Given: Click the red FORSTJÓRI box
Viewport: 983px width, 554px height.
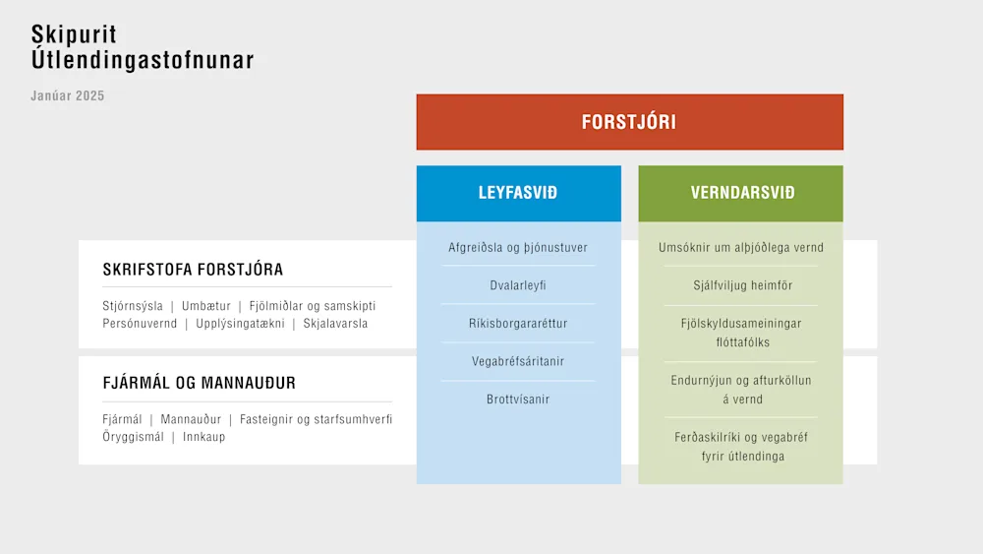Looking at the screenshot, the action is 629,122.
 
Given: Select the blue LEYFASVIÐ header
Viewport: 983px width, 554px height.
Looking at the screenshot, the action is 518,193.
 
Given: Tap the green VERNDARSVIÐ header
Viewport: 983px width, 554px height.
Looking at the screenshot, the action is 740,193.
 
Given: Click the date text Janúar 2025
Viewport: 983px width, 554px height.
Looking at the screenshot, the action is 68,96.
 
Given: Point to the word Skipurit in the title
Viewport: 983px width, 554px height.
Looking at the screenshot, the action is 74,34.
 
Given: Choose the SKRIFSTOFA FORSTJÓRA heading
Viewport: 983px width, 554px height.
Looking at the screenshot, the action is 193,270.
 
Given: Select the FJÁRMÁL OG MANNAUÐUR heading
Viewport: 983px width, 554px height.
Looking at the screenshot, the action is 199,383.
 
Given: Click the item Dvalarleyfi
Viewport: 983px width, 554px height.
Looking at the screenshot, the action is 518,285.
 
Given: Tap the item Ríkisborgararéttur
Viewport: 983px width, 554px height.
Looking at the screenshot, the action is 518,323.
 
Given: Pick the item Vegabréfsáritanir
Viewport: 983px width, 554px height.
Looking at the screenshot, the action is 518,361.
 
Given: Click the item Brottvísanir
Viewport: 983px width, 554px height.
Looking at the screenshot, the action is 518,400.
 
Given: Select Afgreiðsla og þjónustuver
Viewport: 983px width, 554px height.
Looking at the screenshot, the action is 518,247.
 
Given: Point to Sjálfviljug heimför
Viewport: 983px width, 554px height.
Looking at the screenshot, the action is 743,285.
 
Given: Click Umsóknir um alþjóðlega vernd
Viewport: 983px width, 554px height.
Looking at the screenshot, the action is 741,247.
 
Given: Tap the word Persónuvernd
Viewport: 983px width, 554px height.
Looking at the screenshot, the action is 140,324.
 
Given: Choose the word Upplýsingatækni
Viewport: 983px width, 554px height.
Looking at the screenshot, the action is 240,324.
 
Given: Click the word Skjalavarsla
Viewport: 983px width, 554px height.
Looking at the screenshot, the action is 335,324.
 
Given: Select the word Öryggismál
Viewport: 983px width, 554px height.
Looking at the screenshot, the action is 133,437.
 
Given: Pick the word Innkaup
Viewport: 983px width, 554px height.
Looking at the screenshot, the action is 203,437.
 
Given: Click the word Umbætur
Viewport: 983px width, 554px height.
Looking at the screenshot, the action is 206,306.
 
